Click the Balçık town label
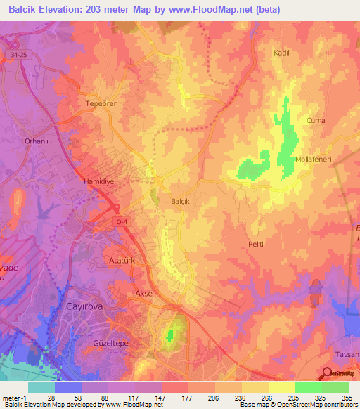coord(181,200)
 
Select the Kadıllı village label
coord(282,53)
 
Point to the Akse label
coord(143,293)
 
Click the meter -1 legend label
coord(14,398)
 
